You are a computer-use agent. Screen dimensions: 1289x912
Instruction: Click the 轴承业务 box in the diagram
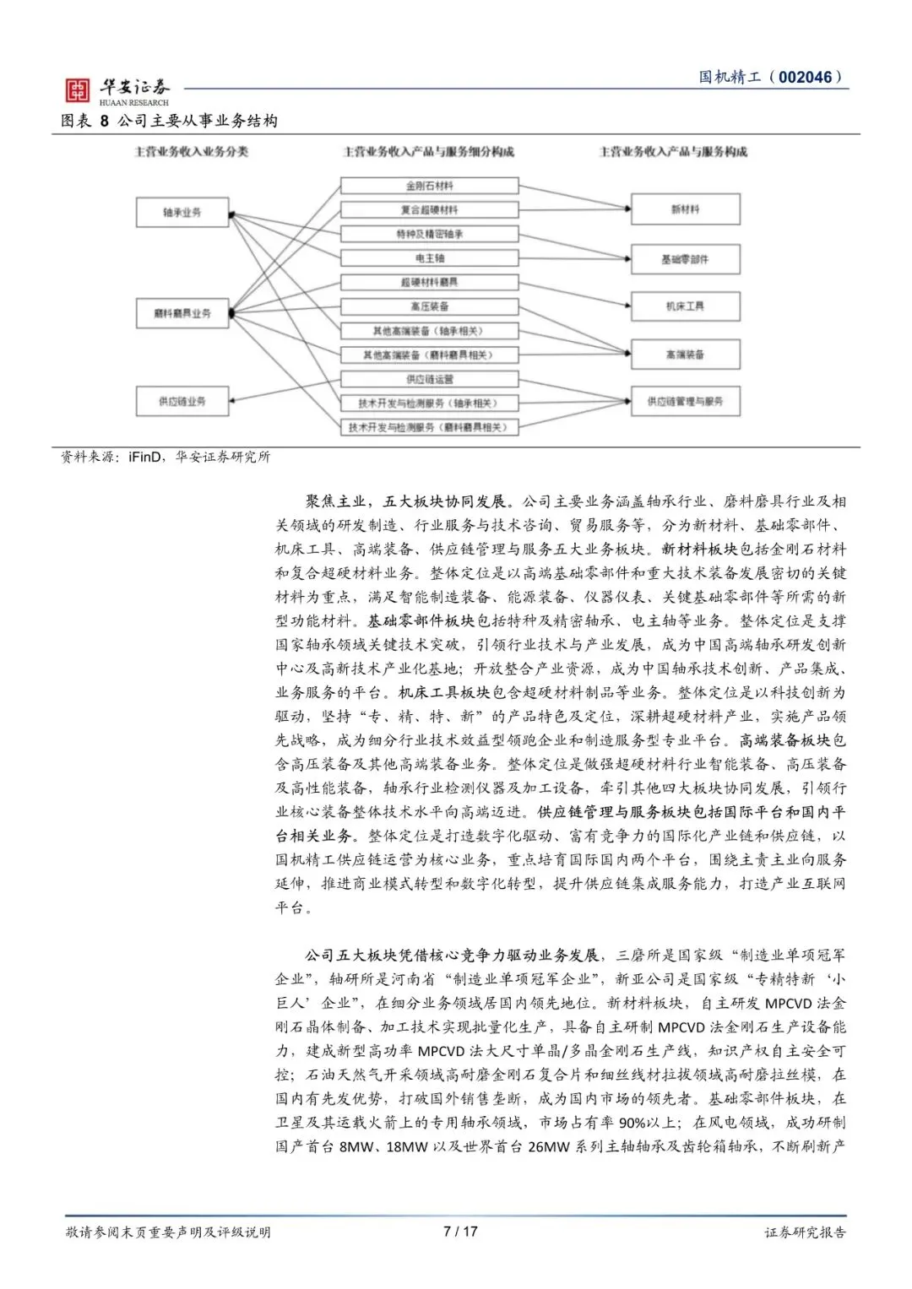point(182,213)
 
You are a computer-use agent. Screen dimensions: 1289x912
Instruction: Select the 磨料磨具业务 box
point(182,313)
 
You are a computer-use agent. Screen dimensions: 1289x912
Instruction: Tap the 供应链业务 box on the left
point(182,401)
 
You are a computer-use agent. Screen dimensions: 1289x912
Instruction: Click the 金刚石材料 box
point(429,186)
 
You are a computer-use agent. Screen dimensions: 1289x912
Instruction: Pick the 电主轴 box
point(429,258)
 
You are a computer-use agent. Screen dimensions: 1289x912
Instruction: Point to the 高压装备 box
point(429,306)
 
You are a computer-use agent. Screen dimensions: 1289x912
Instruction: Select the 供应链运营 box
point(429,379)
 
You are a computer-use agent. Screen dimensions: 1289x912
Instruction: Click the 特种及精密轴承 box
point(429,234)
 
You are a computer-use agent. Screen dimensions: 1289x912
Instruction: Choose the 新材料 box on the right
point(685,209)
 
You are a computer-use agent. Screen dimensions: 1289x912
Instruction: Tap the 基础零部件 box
point(685,259)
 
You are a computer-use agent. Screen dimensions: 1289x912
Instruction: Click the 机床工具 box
point(685,306)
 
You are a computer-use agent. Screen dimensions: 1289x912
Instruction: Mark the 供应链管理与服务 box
point(685,402)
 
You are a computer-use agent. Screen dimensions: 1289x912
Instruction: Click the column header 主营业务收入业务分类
point(192,152)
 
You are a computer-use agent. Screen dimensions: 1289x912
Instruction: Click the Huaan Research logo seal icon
point(78,90)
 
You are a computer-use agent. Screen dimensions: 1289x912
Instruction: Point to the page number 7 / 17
point(460,1231)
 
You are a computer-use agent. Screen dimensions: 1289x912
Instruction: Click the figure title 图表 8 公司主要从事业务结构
point(169,121)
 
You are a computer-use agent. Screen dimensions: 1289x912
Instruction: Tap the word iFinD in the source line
point(144,457)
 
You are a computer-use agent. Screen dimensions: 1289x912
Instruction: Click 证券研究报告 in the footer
point(805,1232)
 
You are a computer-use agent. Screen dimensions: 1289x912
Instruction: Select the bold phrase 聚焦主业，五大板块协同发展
point(405,501)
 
